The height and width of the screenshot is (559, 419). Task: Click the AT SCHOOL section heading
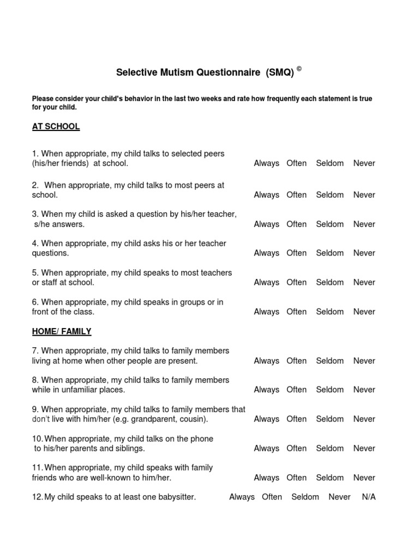click(x=56, y=127)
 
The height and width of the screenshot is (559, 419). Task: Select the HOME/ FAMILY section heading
click(x=62, y=331)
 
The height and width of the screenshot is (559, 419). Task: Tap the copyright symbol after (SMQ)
click(x=299, y=69)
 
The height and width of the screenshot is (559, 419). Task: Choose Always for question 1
click(x=266, y=163)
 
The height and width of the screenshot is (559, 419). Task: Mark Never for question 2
click(x=364, y=195)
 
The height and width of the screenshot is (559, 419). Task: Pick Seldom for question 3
click(x=330, y=224)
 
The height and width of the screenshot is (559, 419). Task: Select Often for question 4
click(x=296, y=253)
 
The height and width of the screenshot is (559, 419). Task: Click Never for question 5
click(x=364, y=283)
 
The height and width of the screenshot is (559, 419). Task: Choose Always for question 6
click(x=266, y=312)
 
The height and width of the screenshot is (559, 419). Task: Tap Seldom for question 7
click(x=330, y=361)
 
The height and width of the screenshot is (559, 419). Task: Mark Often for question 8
click(x=296, y=390)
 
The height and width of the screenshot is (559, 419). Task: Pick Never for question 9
click(x=364, y=419)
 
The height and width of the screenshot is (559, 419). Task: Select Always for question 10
click(x=266, y=449)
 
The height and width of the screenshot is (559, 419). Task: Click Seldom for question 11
click(x=330, y=478)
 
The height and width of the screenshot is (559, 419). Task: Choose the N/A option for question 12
click(x=369, y=497)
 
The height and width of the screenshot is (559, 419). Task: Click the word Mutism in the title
click(x=167, y=73)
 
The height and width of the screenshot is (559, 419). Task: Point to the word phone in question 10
click(x=202, y=439)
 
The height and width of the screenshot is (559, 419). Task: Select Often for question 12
click(x=272, y=497)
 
